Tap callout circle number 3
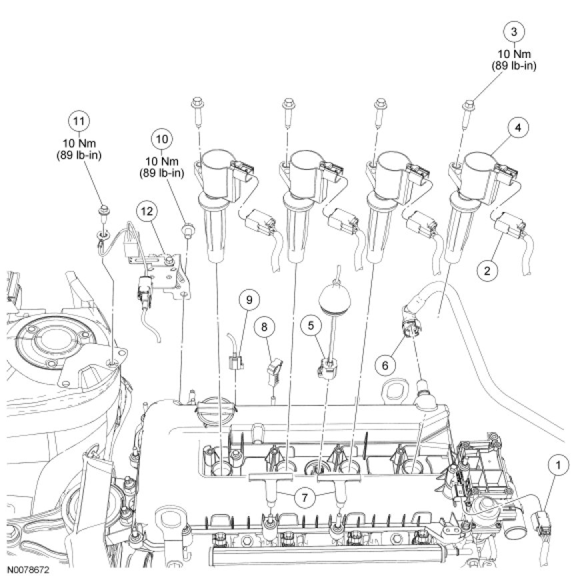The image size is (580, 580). [x=513, y=31]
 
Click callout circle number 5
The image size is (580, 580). [x=311, y=325]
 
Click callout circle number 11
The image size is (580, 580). [x=79, y=121]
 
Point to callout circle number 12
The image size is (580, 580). [x=147, y=211]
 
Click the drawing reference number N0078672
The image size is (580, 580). [x=29, y=571]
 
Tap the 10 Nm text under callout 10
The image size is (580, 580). [x=163, y=161]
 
